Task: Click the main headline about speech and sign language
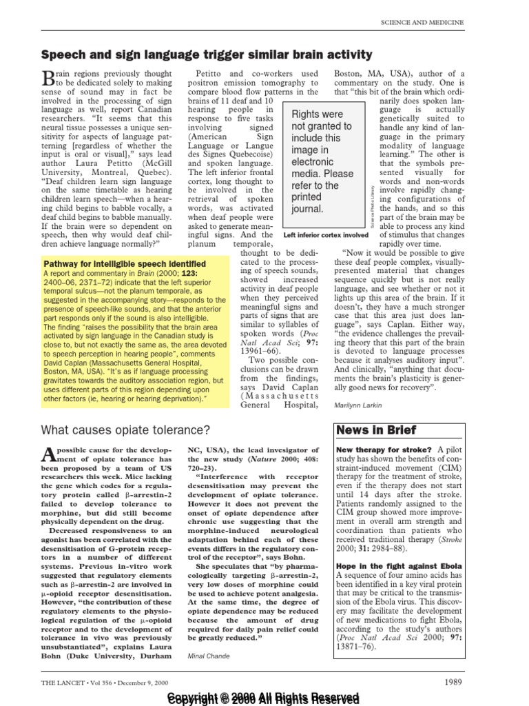pos(207,54)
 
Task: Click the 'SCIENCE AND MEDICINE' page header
pos(422,23)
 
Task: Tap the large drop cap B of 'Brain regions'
pos(48,77)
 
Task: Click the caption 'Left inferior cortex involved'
pos(325,235)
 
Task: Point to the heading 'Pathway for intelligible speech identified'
pos(125,263)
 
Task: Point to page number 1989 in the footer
pos(453,682)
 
